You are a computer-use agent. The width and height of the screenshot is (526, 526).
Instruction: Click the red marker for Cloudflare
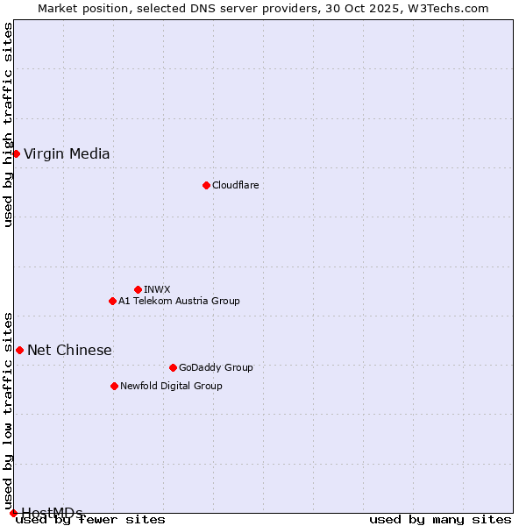coord(206,185)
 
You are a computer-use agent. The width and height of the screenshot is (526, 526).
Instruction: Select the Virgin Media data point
coord(16,153)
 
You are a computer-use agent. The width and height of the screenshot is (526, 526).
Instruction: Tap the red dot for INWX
coord(138,289)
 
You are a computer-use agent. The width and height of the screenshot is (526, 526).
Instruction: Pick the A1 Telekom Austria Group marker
coord(112,301)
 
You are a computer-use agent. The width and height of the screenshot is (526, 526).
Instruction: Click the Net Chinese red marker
coord(19,350)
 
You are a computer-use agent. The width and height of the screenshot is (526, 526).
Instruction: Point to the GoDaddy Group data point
coord(173,367)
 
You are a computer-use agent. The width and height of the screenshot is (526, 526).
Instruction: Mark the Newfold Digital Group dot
coord(114,386)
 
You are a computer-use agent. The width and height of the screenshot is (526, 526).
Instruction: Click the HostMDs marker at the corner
coord(13,513)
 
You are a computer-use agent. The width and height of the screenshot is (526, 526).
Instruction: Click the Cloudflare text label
coord(236,185)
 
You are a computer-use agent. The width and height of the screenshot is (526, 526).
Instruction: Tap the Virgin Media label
coord(67,154)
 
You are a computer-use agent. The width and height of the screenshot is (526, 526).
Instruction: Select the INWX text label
coord(157,289)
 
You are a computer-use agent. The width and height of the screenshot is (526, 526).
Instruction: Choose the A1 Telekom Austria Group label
coord(179,301)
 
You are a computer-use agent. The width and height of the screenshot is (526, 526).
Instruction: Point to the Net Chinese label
coord(69,351)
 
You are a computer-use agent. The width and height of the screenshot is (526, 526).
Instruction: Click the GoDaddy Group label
coord(216,367)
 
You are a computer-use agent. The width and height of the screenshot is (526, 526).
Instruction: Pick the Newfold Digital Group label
coord(171,386)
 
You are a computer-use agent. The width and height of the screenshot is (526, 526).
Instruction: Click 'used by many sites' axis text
coord(440,520)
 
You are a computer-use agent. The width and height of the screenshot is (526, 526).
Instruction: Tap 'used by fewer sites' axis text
coord(90,520)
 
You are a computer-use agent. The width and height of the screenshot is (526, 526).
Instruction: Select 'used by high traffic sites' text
coord(8,124)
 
